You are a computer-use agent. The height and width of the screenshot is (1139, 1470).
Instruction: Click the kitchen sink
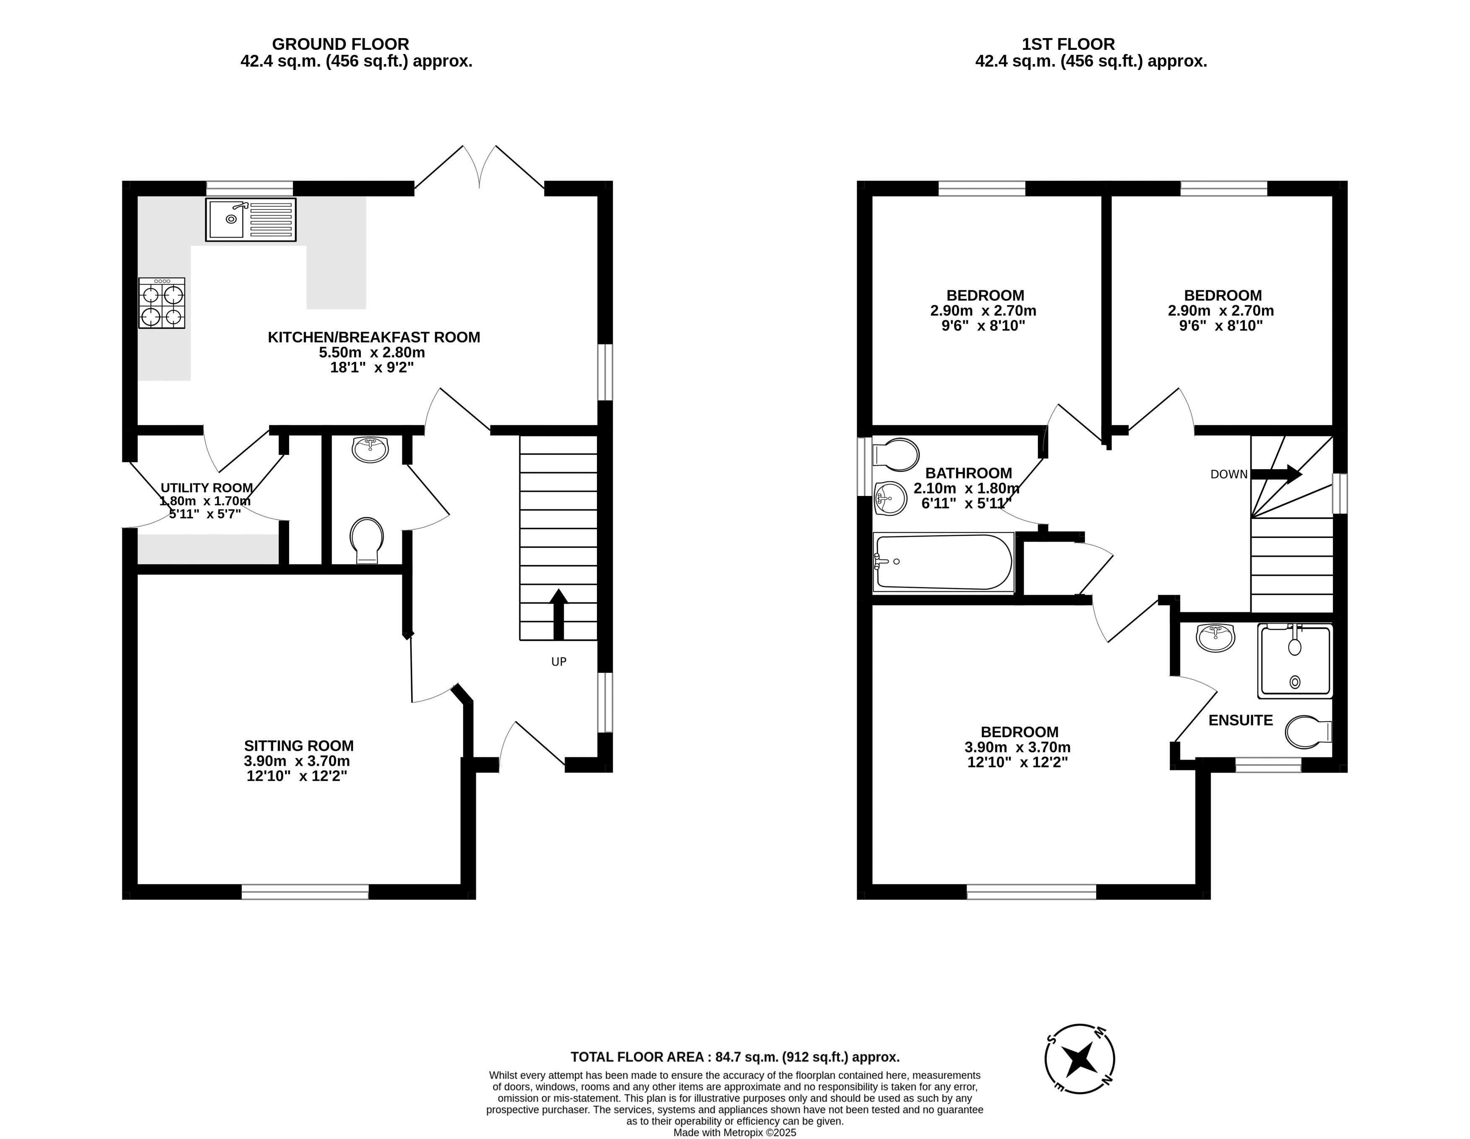point(250,220)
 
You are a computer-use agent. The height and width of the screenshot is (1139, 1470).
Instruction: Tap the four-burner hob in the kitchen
point(161,303)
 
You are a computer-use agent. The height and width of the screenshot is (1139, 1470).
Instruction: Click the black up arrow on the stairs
point(558,614)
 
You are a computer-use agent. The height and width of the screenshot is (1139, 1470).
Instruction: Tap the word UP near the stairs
point(559,661)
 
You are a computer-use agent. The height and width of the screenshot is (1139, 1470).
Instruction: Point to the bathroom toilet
point(895,455)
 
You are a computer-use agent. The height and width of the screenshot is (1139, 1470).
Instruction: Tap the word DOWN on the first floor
point(1229,474)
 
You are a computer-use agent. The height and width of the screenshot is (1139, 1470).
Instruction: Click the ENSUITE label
point(1240,721)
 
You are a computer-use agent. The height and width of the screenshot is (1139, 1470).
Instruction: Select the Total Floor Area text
point(735,1057)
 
